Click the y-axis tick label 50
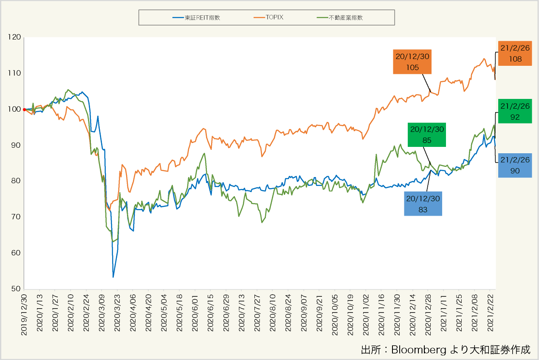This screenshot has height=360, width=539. tap(16, 289)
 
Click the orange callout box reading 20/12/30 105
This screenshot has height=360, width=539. tap(412, 62)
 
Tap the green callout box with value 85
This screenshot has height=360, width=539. tap(426, 135)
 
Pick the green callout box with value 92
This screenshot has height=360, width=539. tap(515, 111)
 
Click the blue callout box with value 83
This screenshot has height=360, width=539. tap(423, 204)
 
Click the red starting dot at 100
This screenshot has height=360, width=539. tap(24, 110)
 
